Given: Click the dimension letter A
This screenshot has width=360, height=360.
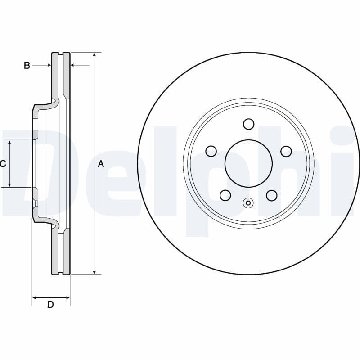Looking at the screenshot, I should (101, 164).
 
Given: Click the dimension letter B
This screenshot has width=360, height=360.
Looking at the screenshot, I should (27, 66).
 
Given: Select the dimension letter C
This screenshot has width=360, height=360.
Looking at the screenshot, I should (3, 164).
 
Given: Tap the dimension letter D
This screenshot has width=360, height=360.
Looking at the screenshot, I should (50, 305).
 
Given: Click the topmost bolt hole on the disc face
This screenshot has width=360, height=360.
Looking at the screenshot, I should (248, 124).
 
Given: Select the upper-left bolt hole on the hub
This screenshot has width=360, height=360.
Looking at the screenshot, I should (211, 151).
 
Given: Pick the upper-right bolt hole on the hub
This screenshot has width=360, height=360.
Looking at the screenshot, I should (286, 151).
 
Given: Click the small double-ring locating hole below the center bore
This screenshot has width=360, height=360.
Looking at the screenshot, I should (248, 203).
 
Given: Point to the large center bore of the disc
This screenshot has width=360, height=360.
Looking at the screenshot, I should (248, 163).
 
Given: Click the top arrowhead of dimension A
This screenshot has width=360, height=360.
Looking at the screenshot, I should (94, 55).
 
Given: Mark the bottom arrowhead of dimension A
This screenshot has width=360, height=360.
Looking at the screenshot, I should (94, 271).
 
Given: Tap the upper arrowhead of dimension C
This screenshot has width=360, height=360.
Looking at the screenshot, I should (9, 143).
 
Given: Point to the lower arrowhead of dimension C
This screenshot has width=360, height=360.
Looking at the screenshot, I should (9, 184).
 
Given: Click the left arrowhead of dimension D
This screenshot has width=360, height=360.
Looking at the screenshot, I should (36, 297).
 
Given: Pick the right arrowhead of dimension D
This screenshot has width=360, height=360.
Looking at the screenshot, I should (67, 297).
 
